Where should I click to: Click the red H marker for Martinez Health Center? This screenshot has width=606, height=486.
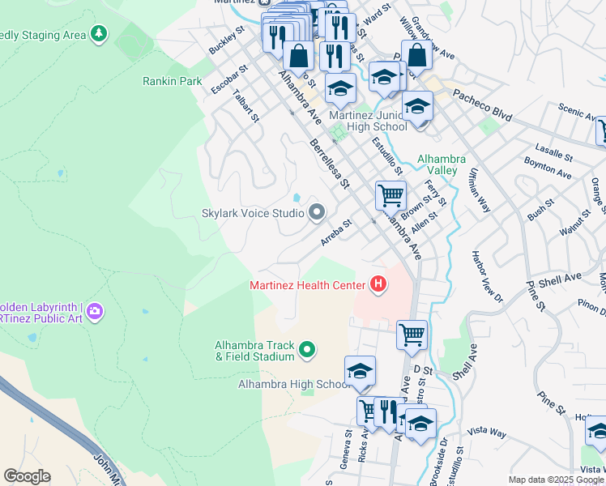[x=377, y=284]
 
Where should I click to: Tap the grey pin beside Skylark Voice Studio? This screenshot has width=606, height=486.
[x=317, y=213]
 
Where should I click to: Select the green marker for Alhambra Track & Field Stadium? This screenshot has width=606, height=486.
[x=307, y=350]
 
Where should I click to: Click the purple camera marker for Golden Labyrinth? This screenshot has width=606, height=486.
[x=95, y=311]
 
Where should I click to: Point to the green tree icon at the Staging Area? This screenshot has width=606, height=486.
[x=99, y=33]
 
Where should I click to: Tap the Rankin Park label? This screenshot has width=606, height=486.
[x=172, y=81]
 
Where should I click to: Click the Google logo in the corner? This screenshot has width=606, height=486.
[x=27, y=476]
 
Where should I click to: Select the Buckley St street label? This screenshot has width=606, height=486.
[x=227, y=45]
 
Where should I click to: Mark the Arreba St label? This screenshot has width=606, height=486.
[x=336, y=232]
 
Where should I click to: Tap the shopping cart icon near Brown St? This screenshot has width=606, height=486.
[x=390, y=195]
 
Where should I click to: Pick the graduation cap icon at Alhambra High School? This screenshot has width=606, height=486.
[x=360, y=370]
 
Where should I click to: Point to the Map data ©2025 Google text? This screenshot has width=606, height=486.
[x=555, y=480]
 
